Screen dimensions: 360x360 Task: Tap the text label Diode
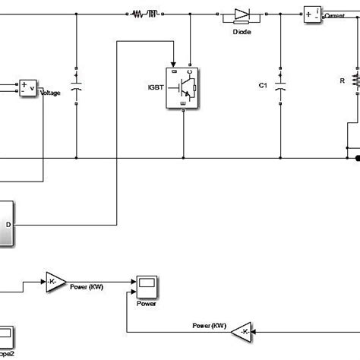point(241,31)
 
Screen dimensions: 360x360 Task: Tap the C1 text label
point(263,86)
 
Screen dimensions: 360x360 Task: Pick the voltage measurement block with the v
point(27,87)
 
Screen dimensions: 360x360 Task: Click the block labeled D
point(6,224)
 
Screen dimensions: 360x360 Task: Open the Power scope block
point(147,287)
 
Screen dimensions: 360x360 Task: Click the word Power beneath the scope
point(147,303)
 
